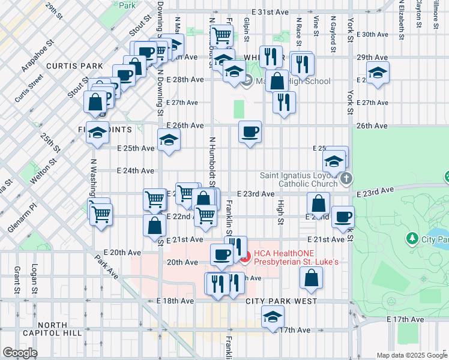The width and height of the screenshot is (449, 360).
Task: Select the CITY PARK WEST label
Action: tap(281, 301)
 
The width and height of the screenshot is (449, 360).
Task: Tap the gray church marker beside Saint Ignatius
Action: tap(346, 179)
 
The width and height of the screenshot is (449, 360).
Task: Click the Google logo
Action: tap(20, 353)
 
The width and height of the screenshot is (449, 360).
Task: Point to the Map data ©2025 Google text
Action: tap(411, 355)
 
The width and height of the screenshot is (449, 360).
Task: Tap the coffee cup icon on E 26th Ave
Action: tap(250, 131)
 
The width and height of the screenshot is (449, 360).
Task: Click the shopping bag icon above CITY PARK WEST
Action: tap(310, 277)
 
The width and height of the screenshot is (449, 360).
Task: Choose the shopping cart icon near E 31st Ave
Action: tap(221, 35)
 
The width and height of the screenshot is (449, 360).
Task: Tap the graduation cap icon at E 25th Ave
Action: tap(169, 141)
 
